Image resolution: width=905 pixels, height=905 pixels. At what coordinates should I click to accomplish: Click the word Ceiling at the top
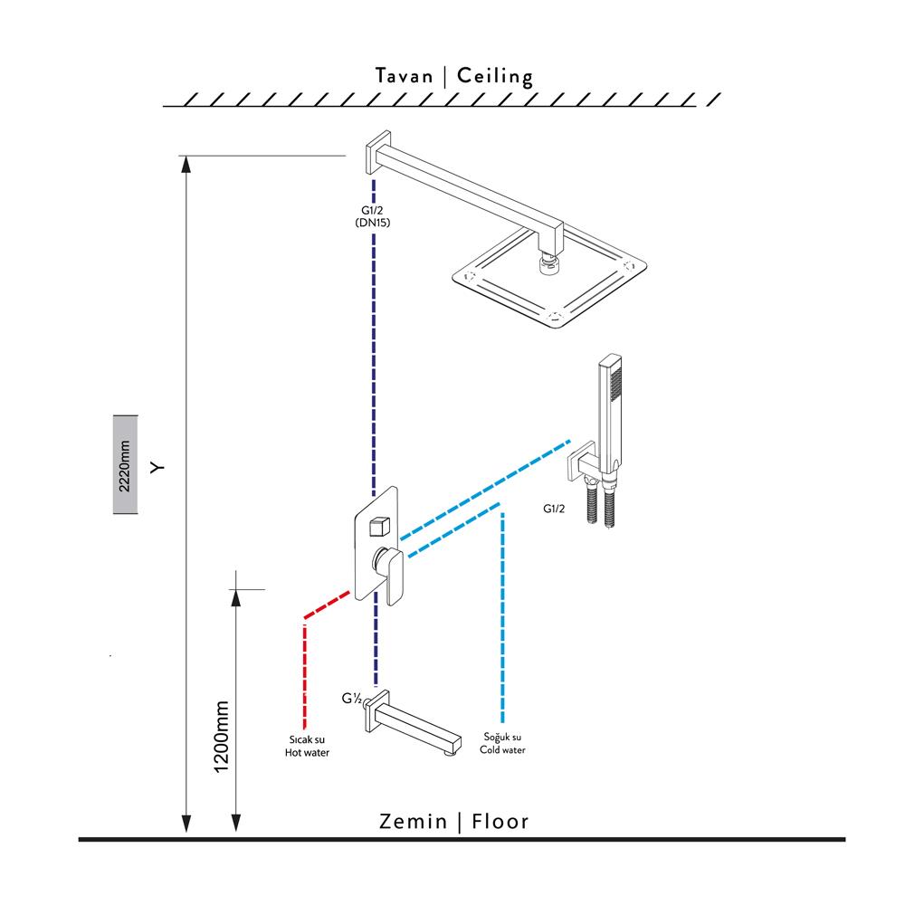coord(495,76)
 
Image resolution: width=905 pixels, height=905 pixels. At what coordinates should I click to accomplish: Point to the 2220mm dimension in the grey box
coord(125,465)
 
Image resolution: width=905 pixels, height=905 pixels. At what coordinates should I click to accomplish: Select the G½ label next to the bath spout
coord(352,699)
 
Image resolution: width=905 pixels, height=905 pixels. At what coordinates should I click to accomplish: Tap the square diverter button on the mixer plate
coord(378,524)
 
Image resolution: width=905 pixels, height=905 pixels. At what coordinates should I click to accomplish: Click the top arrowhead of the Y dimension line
coord(186,163)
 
